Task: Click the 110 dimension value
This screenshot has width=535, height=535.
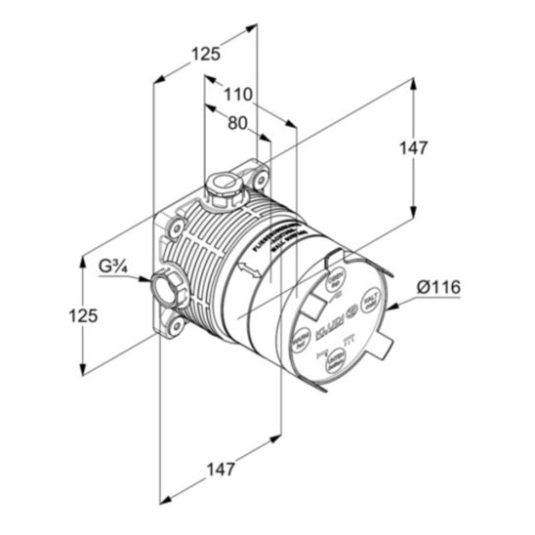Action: [x=239, y=95]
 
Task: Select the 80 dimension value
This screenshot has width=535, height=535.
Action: [x=237, y=123]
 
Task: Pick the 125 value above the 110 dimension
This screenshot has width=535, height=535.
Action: [x=206, y=56]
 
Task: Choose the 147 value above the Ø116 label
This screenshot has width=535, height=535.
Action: [x=415, y=148]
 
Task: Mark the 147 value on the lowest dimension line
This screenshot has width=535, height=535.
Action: [x=223, y=469]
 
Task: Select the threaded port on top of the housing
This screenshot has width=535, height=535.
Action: [x=224, y=185]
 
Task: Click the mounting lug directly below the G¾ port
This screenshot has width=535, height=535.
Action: [x=175, y=324]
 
